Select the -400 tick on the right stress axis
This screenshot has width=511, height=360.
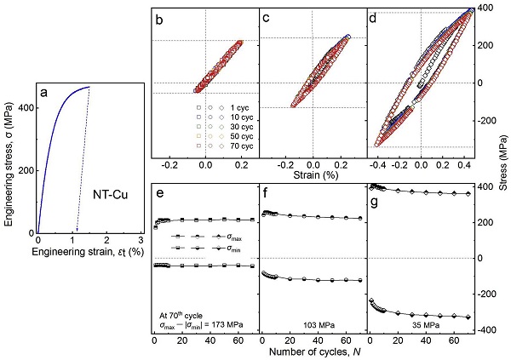tap(489, 330)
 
